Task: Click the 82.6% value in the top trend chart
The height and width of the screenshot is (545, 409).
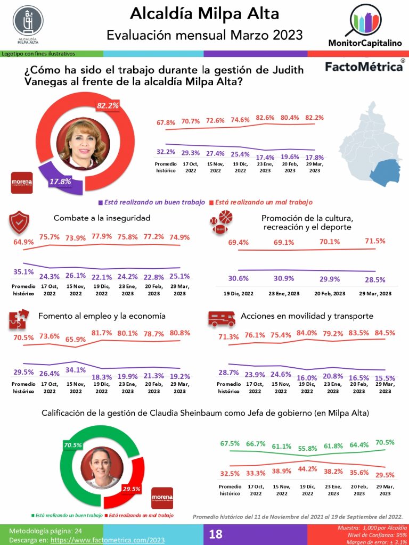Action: click(x=265, y=117)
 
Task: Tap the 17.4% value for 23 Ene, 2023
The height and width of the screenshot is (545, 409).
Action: click(x=265, y=158)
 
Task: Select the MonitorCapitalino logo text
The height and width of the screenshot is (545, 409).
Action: click(x=365, y=43)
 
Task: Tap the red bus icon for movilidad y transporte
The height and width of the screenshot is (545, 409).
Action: click(x=222, y=318)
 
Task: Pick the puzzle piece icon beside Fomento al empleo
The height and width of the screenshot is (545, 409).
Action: click(x=19, y=319)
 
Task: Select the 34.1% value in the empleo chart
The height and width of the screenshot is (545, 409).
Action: click(x=76, y=370)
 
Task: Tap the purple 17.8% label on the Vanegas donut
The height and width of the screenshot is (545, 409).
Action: click(x=60, y=182)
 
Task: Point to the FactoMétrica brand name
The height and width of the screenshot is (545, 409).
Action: click(x=364, y=67)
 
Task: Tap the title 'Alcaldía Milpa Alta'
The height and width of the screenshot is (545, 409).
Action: click(x=204, y=12)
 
